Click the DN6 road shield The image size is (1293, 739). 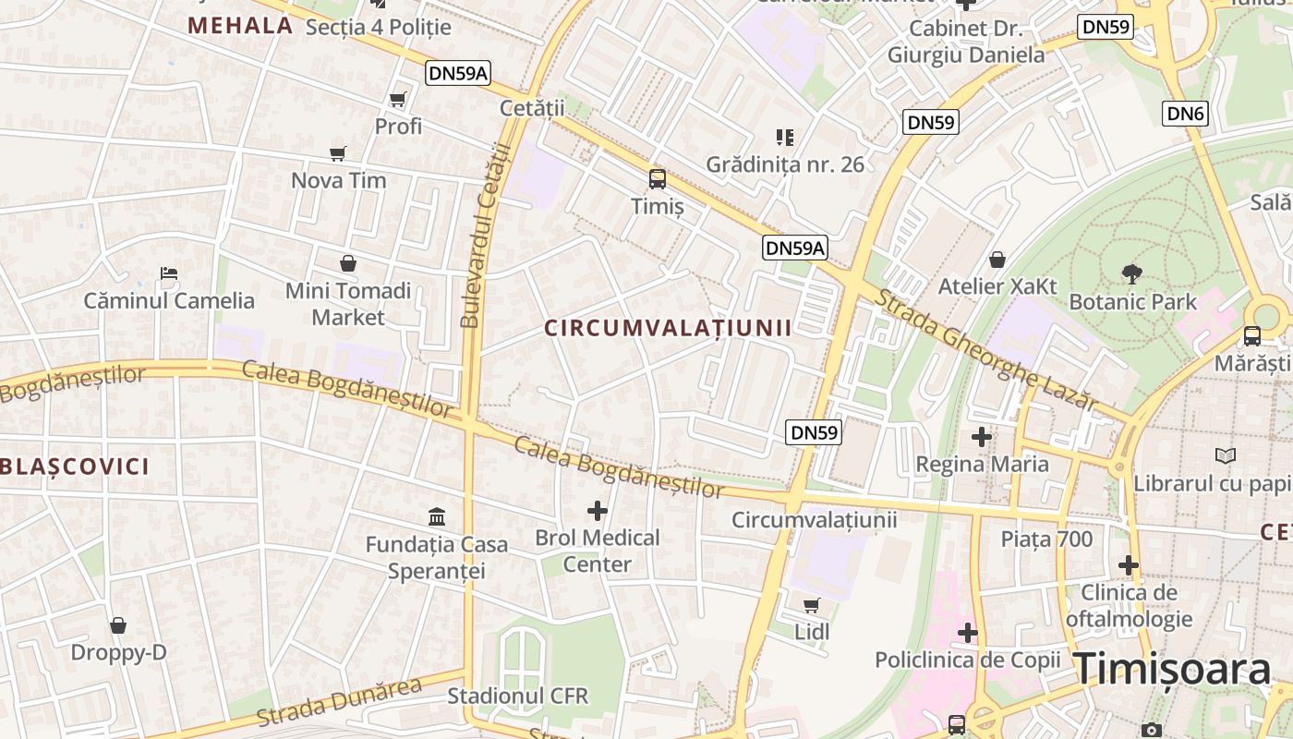[x=1186, y=114]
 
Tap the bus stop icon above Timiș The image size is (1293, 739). [x=658, y=179]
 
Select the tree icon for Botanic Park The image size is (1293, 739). [x=1132, y=274]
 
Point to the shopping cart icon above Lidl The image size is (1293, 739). [x=811, y=606]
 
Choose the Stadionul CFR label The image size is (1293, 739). [x=517, y=696]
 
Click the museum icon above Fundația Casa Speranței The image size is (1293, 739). [x=437, y=516]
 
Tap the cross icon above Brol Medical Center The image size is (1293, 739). [x=598, y=510]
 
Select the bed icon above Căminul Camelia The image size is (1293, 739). [x=169, y=273]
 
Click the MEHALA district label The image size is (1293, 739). [x=241, y=26]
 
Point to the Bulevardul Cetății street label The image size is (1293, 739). [x=485, y=236]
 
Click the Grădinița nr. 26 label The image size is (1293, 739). [x=785, y=164]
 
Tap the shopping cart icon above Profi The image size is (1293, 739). [x=398, y=99]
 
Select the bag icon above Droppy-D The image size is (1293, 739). [x=118, y=626]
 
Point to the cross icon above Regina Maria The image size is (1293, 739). [x=982, y=436]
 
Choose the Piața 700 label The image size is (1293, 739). [x=1046, y=539]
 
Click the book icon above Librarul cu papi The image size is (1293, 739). [x=1226, y=455]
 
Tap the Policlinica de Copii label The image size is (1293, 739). [x=967, y=660]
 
